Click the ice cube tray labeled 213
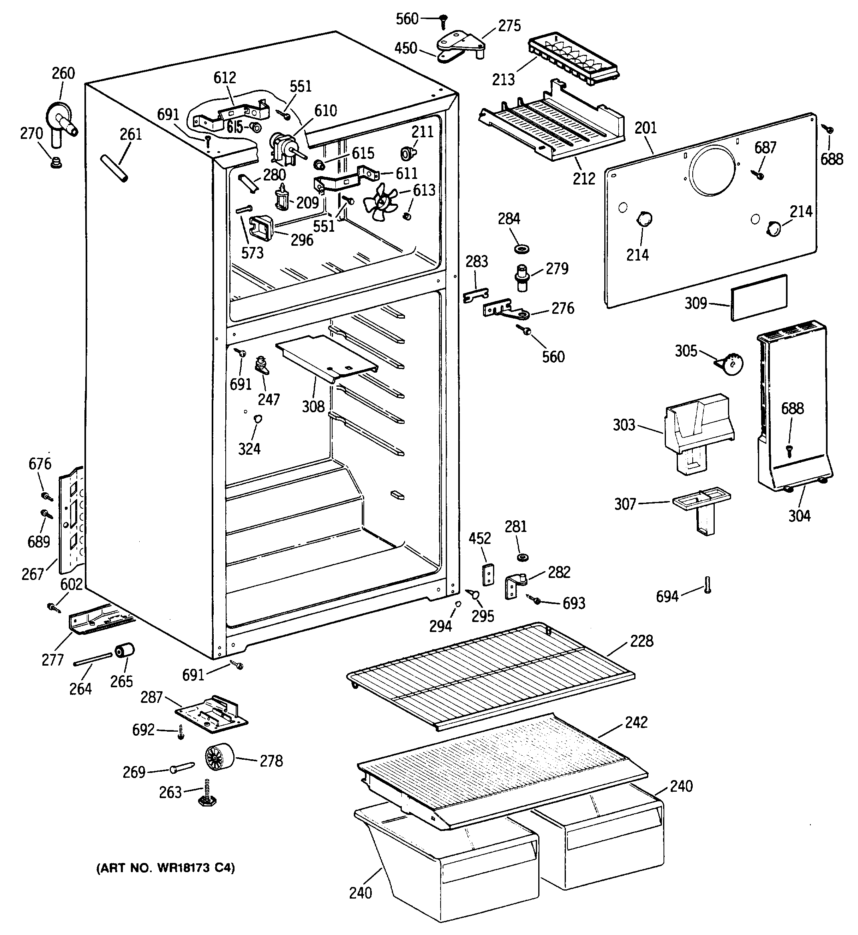pyautogui.click(x=574, y=60)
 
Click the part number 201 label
pyautogui.click(x=646, y=128)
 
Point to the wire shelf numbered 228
pyautogui.click(x=491, y=678)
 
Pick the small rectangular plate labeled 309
pyautogui.click(x=759, y=297)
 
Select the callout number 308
pyautogui.click(x=313, y=406)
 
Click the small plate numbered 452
pyautogui.click(x=487, y=574)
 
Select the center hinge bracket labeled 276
pyautogui.click(x=506, y=309)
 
